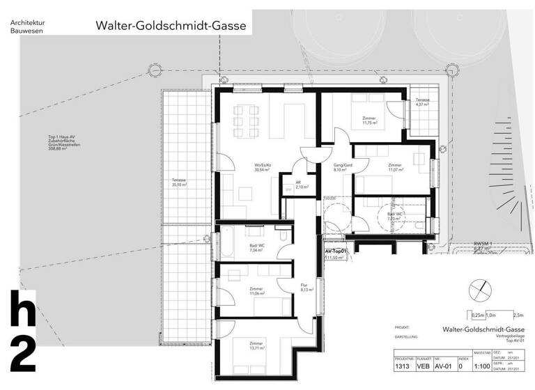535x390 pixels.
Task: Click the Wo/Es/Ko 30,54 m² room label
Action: coord(263,167)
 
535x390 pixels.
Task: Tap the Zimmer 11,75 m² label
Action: coord(369,120)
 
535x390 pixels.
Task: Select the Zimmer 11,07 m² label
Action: coord(395,168)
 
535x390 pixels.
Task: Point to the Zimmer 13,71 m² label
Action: coord(256,346)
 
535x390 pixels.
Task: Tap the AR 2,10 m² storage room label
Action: coord(301,185)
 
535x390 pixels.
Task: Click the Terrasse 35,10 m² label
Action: coord(181,183)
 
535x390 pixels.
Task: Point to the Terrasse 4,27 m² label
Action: coord(423,103)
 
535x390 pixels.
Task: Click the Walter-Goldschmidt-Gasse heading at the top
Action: coord(171,26)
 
